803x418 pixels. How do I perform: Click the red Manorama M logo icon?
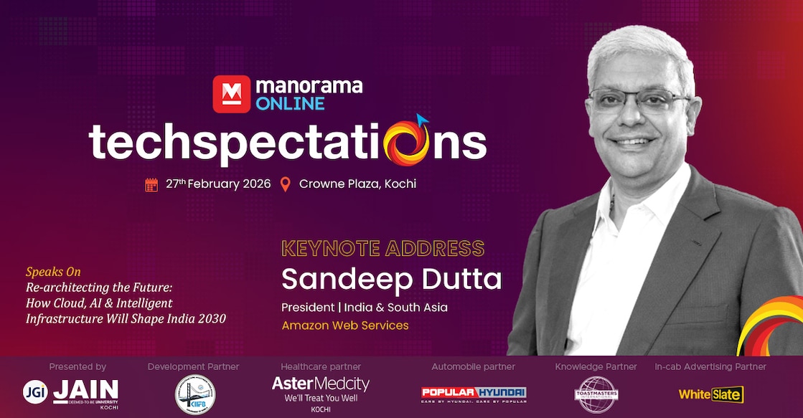(232, 93)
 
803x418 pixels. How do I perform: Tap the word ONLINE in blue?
(290, 103)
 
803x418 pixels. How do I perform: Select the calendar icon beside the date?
(151, 184)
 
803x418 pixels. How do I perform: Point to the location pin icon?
(286, 184)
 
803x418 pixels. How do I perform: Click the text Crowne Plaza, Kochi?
(357, 184)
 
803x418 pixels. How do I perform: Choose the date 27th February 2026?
(218, 184)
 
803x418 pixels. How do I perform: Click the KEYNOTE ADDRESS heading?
(382, 249)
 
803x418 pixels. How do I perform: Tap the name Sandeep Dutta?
(391, 279)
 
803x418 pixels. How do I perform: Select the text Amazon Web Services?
(345, 326)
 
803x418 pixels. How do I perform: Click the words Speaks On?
(53, 272)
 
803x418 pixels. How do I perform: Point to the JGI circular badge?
(34, 391)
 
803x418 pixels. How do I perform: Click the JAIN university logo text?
(85, 391)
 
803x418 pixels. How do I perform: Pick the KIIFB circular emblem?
(194, 394)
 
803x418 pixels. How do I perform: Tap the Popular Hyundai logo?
(473, 394)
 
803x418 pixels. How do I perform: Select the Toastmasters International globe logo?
(595, 394)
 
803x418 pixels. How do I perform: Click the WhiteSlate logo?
(710, 394)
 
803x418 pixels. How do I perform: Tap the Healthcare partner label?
(321, 367)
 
